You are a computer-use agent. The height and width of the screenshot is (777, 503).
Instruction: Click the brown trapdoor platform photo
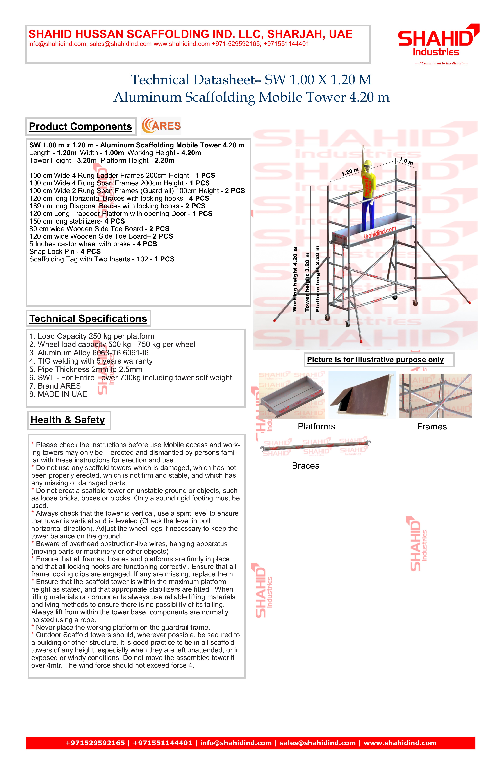362,395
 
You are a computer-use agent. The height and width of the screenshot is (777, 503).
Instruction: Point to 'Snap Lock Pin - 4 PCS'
65,251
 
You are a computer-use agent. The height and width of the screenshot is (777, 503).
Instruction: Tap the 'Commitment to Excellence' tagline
441,63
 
